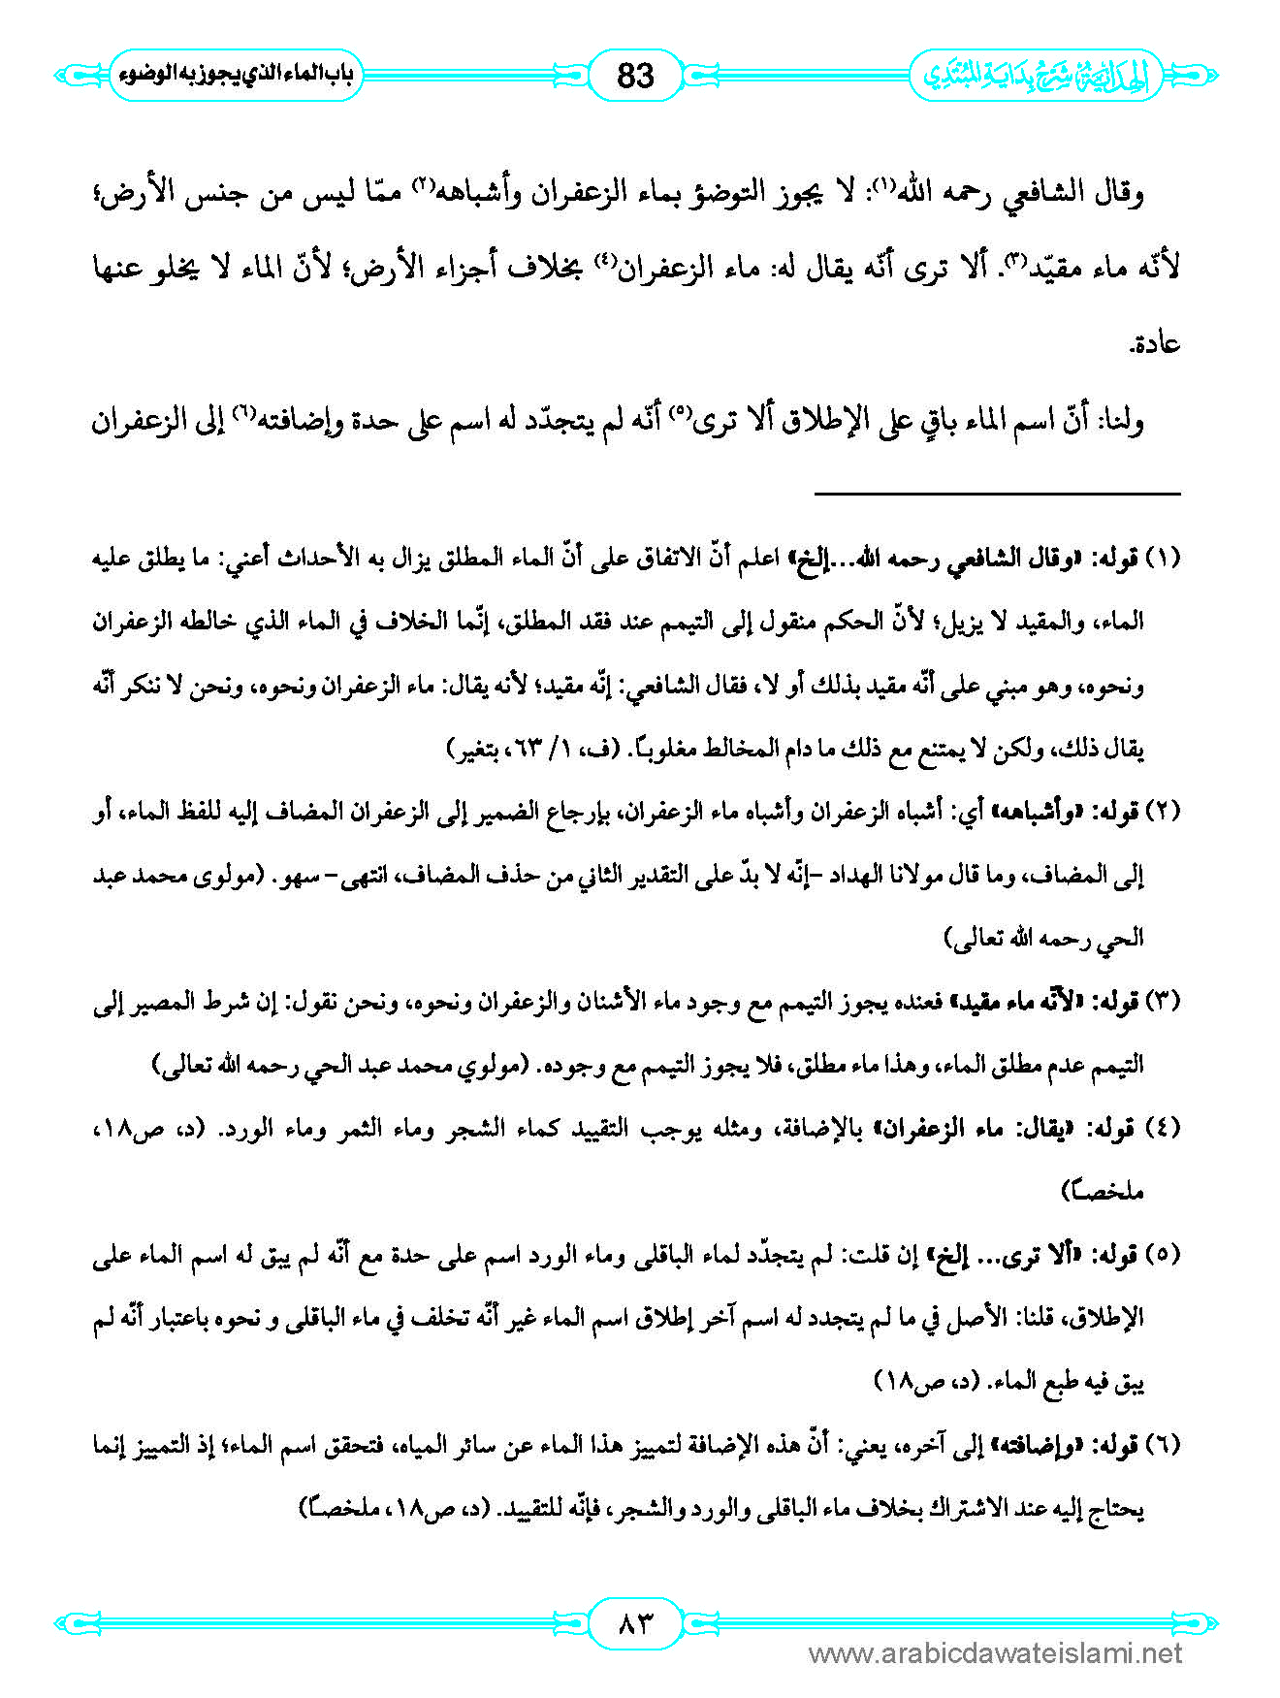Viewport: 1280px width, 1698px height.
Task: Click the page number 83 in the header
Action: coord(635,75)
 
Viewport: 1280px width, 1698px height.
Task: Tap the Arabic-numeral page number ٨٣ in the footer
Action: coord(635,1621)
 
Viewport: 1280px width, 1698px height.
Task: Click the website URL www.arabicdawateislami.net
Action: coord(995,1653)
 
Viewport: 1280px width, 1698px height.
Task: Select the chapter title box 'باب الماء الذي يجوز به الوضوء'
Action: coord(236,75)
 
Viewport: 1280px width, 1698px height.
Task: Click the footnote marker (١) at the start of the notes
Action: coord(1163,559)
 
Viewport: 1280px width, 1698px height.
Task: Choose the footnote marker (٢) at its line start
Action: coord(1163,812)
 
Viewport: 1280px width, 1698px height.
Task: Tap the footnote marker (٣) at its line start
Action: coord(1163,1002)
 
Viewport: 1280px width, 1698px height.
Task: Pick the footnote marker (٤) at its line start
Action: coord(1163,1129)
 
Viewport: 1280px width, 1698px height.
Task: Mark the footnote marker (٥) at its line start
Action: coord(1163,1255)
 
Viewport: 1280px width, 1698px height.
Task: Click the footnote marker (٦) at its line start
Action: coord(1163,1446)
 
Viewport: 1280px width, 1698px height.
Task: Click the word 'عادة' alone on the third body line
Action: coord(1155,344)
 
